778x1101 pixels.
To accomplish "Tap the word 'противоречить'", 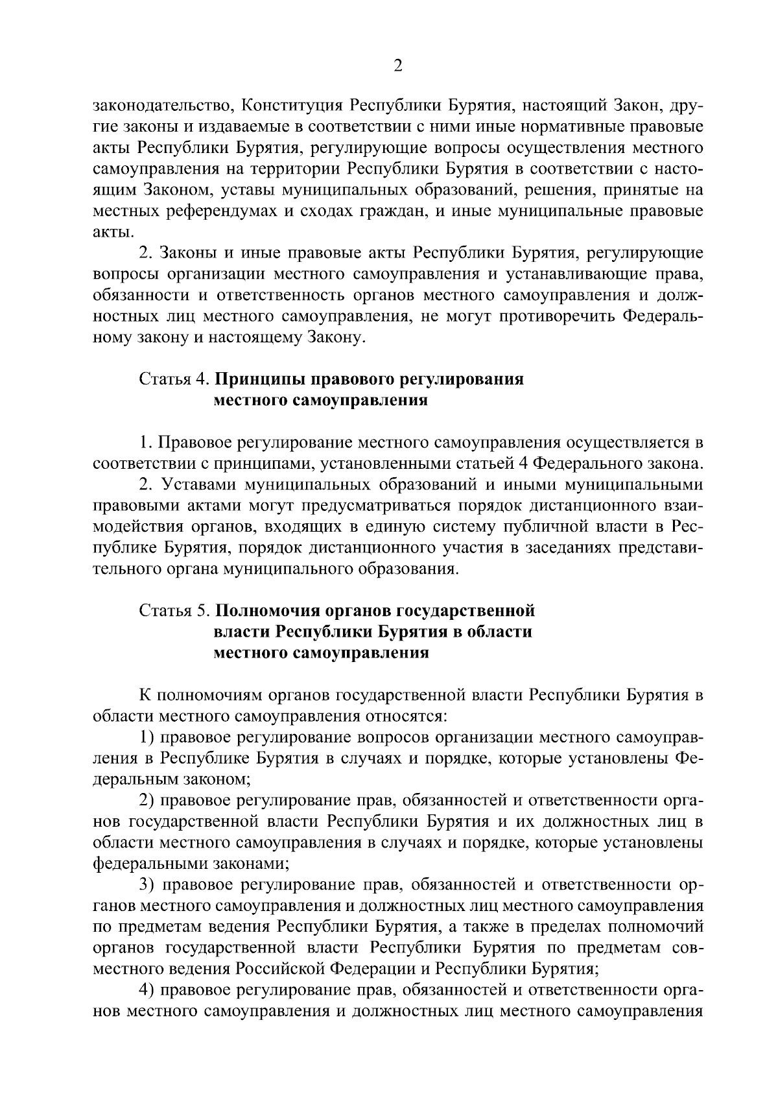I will pos(551,317).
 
